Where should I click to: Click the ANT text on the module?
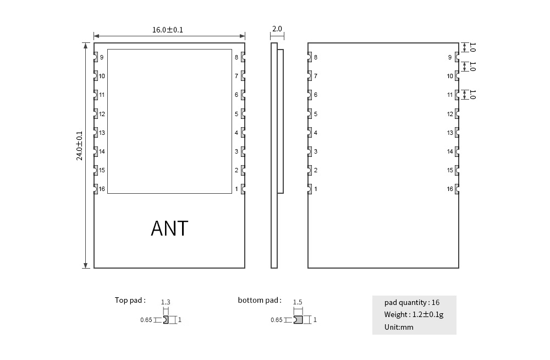tap(169, 228)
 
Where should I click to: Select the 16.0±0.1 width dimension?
tap(168, 30)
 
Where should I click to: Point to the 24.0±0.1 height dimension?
tap(80, 145)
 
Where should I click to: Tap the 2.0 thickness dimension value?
tap(277, 29)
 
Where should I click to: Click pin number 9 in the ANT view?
tap(102, 57)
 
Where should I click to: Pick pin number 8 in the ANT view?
tap(237, 57)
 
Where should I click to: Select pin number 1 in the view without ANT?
tap(316, 189)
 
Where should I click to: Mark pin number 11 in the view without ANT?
tap(450, 95)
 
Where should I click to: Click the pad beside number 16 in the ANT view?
tap(95, 189)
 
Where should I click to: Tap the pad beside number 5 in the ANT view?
tap(243, 114)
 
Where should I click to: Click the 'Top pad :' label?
tap(130, 300)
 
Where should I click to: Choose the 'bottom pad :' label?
tap(260, 300)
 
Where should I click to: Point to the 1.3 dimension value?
tap(166, 302)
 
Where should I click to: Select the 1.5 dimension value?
tap(298, 302)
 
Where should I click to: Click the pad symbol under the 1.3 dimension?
tap(166, 319)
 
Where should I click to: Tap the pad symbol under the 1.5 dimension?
tap(298, 319)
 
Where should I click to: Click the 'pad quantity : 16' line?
tap(412, 302)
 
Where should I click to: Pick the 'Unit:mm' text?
tap(399, 327)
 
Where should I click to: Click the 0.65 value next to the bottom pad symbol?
tap(277, 320)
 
